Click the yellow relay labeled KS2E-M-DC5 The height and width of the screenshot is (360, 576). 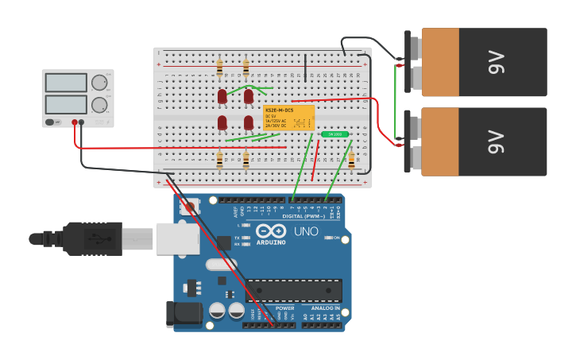click(289, 118)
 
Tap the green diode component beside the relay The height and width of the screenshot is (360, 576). click(334, 134)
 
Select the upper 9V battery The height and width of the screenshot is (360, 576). click(484, 62)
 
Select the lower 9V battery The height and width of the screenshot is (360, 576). click(484, 141)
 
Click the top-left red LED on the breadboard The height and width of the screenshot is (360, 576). click(222, 97)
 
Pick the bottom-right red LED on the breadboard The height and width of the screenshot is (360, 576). click(249, 123)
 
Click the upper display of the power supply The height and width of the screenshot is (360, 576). click(66, 83)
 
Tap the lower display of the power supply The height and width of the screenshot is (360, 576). click(66, 105)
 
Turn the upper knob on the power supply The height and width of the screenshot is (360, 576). click(99, 83)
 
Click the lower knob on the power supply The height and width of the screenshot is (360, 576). click(99, 105)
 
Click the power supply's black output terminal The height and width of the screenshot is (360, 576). click(82, 122)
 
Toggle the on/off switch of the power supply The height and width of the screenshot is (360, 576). click(51, 122)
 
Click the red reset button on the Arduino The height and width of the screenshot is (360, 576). click(188, 207)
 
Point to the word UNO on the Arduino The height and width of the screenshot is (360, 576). click(306, 231)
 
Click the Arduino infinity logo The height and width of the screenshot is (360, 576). click(271, 230)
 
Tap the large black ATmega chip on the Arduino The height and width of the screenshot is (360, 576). click(293, 290)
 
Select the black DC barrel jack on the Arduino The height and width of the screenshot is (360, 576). click(185, 313)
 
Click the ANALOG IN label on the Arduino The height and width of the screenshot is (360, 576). click(325, 308)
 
